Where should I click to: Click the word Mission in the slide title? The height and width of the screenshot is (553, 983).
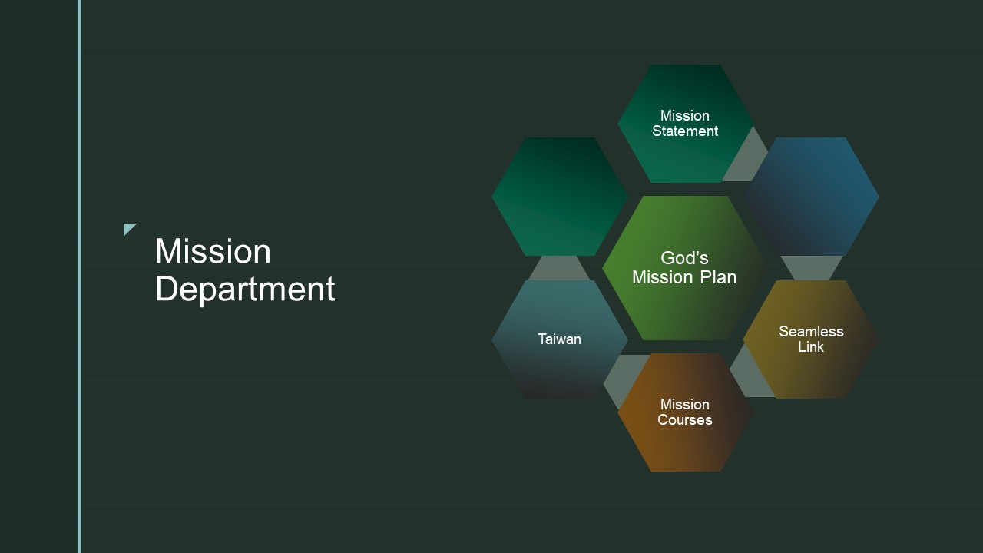213,251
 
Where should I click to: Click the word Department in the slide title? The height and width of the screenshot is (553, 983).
245,290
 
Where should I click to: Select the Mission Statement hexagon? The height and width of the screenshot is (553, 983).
685,124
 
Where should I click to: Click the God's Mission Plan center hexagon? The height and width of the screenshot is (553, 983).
684,268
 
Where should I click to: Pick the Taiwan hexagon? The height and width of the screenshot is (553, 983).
560,339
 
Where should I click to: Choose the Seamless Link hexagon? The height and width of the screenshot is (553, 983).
810,339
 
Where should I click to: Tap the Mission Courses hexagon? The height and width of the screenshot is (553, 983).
685,412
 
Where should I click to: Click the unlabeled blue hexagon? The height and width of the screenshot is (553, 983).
812,196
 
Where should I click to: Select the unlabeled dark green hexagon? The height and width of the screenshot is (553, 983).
560,196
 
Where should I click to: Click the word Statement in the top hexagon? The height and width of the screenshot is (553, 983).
685,131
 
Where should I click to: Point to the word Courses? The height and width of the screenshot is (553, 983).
684,419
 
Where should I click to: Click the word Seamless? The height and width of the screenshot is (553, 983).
811,331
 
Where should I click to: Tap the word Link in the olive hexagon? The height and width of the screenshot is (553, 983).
810,346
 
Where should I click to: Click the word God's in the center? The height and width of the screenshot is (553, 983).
684,258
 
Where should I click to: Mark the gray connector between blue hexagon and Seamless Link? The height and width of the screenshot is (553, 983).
812,268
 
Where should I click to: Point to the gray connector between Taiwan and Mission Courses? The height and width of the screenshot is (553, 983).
623,380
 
